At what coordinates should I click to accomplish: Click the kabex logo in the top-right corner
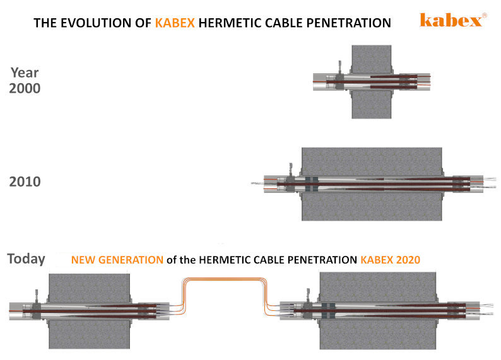[x=453, y=20]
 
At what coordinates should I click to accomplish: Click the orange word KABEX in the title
[x=175, y=23]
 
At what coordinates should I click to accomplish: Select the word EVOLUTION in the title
[x=106, y=23]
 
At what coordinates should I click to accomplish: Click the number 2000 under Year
[x=25, y=88]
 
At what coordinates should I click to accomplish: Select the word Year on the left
[x=25, y=73]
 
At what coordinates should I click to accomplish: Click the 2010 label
[x=25, y=182]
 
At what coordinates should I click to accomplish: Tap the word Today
[x=27, y=259]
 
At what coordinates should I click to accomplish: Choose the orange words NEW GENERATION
[x=117, y=260]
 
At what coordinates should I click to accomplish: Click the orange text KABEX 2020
[x=390, y=260]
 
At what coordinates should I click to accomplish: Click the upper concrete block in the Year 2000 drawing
[x=372, y=59]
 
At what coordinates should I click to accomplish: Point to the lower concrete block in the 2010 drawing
[x=372, y=207]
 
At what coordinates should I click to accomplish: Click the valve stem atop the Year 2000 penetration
[x=339, y=68]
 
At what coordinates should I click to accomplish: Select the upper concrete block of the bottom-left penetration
[x=89, y=287]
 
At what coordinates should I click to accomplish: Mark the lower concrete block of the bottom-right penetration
[x=378, y=335]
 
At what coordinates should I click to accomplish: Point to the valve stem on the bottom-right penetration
[x=309, y=296]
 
